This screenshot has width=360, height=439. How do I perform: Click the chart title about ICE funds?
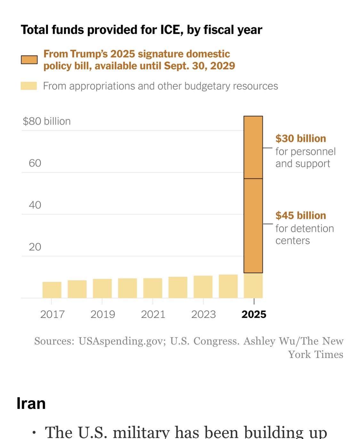(141, 30)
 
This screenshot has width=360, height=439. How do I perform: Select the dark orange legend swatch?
(29, 60)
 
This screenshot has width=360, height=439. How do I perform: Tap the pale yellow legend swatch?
(29, 86)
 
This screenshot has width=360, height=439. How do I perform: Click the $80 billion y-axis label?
(47, 121)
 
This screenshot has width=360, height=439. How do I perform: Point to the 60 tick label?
(35, 163)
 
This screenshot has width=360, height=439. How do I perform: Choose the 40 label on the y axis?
(35, 205)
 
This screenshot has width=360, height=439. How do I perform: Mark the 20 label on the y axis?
(35, 247)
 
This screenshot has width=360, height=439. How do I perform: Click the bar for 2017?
(52, 290)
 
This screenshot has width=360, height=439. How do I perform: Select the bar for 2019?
(102, 289)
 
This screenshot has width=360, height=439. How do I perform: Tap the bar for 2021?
(153, 288)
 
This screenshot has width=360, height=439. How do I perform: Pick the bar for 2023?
(203, 287)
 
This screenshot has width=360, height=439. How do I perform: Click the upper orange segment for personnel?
(253, 147)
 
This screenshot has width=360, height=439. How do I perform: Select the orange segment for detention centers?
(253, 226)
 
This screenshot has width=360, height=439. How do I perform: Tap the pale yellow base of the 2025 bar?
(253, 286)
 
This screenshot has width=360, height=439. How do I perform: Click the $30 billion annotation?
(301, 139)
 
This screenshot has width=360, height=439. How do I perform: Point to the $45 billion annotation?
(301, 215)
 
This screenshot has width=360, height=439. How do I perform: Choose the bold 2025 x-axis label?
(254, 314)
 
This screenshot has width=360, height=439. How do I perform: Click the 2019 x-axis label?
(103, 314)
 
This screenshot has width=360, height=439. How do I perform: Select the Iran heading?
(31, 403)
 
